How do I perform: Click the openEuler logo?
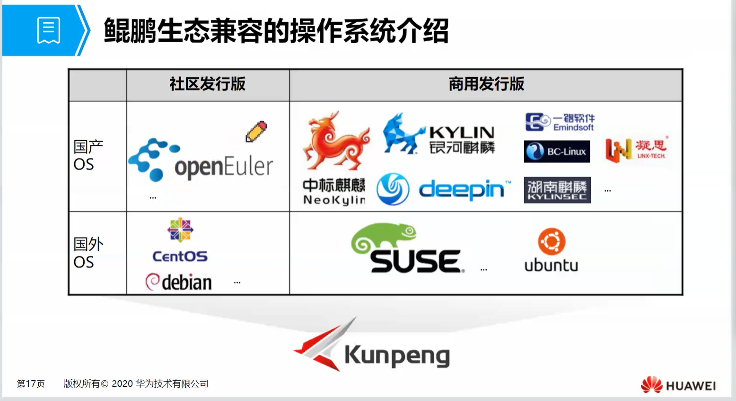(201, 160)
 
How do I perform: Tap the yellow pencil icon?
(256, 132)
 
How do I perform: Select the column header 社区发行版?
(207, 84)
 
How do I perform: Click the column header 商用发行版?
(486, 84)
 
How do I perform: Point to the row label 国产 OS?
(88, 155)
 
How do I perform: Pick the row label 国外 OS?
(88, 253)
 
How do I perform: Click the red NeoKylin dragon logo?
(336, 141)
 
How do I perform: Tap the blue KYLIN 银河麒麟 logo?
(439, 134)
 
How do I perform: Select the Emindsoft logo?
(560, 122)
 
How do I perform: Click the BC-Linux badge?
(557, 151)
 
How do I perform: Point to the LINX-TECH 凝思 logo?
(637, 149)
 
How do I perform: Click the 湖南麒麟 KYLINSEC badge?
(557, 190)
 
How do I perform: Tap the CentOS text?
(180, 257)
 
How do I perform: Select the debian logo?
(179, 282)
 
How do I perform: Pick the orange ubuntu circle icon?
(552, 241)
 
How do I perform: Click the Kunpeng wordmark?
(397, 356)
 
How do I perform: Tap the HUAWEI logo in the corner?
(678, 385)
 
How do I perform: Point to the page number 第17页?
(31, 383)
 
